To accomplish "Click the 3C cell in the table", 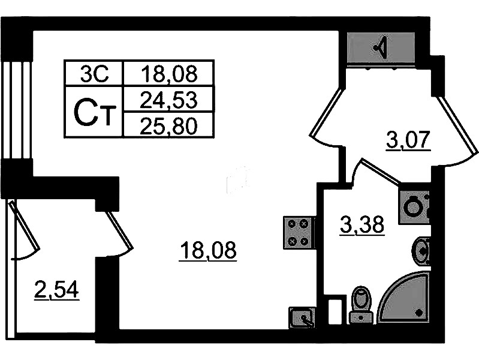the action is [93, 73].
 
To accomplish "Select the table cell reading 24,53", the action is [168, 100].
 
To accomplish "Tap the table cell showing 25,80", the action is [168, 125].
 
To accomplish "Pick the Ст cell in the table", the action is [93, 112].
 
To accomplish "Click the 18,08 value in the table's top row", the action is [168, 73].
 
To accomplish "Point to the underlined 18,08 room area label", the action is [209, 251].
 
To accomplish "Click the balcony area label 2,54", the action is [57, 290].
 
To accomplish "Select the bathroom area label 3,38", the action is [362, 226].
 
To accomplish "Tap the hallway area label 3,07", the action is [408, 140].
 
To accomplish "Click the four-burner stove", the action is [298, 233].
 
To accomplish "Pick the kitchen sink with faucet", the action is [302, 317].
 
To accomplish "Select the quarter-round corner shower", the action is [403, 298].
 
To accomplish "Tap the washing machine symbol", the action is [414, 207].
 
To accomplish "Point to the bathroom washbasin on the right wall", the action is [422, 251].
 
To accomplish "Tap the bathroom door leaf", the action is [380, 171].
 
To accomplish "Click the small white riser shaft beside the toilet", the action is [335, 311].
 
